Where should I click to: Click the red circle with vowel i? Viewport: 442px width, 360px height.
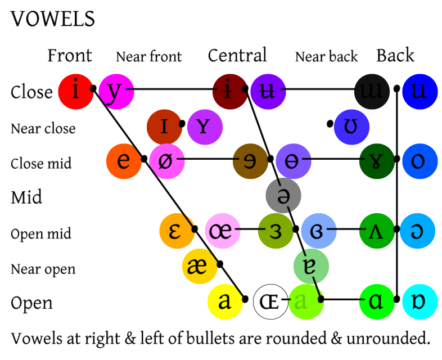click(75, 90)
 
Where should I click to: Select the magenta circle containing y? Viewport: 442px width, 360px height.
click(116, 90)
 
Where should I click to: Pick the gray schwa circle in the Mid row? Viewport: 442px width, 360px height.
click(283, 195)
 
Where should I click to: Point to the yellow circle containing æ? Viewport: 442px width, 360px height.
click(200, 266)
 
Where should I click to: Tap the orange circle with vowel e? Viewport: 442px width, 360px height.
click(124, 160)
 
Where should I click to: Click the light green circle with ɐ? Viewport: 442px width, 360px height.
click(310, 266)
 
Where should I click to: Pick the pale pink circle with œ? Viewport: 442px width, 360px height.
click(223, 230)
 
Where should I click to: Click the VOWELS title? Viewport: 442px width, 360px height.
click(53, 19)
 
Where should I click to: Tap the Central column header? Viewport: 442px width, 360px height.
click(237, 56)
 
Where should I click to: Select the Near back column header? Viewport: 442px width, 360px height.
click(326, 57)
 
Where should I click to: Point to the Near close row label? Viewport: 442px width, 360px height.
click(43, 129)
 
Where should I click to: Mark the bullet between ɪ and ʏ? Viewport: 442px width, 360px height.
click(182, 123)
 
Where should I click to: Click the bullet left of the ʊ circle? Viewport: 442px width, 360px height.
click(330, 123)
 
